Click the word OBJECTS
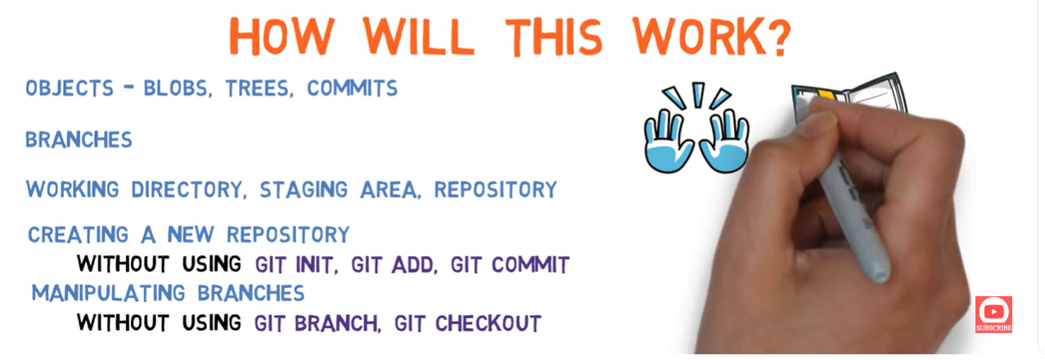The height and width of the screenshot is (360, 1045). (x=70, y=88)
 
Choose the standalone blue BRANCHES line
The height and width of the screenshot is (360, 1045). (x=79, y=140)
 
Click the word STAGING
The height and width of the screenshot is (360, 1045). (x=304, y=190)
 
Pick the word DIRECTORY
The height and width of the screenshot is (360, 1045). (x=189, y=190)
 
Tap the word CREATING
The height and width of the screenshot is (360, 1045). (x=78, y=235)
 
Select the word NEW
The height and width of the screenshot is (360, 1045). (x=191, y=235)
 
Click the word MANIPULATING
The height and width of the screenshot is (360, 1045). (x=108, y=293)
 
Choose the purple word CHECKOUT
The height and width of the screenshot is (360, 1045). (x=488, y=323)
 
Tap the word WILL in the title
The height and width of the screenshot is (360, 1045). (x=418, y=37)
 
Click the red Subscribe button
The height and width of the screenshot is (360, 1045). (x=993, y=314)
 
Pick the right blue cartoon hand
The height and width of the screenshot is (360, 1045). (x=724, y=141)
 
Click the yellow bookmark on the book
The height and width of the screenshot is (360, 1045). (x=826, y=96)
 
